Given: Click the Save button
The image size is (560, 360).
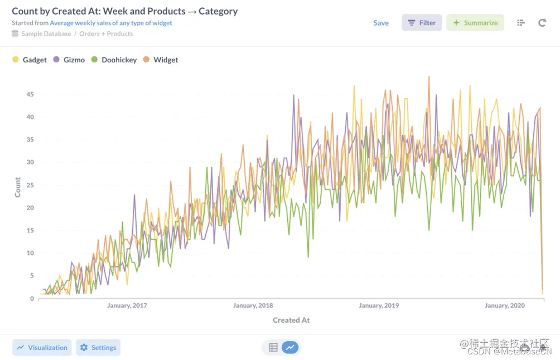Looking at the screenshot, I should pos(381,23).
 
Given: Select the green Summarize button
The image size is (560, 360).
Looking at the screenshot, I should pos(475,23).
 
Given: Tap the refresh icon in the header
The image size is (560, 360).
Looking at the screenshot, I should pos(542,23).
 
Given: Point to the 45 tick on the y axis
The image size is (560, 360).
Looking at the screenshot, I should pos(30,94).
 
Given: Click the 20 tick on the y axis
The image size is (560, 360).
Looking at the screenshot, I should pos(30,208).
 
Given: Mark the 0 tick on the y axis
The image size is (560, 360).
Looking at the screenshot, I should pos(32,299).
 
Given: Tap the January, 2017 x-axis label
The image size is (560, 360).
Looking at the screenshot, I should pos(127,305).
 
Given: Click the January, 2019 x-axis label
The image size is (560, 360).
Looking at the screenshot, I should pos(379,305).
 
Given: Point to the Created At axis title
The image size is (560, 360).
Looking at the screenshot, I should pos(291,320).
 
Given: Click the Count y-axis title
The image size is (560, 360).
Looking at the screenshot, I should pos(18,187).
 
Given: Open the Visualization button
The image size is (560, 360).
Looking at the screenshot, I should pos(42,347).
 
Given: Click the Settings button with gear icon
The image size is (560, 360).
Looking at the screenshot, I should pos(98,347).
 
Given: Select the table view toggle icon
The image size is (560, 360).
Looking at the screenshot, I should pos(273,347).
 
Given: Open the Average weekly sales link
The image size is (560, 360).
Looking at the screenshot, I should pos(111,23).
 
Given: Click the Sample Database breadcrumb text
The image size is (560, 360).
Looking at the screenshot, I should pos(46,33).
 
